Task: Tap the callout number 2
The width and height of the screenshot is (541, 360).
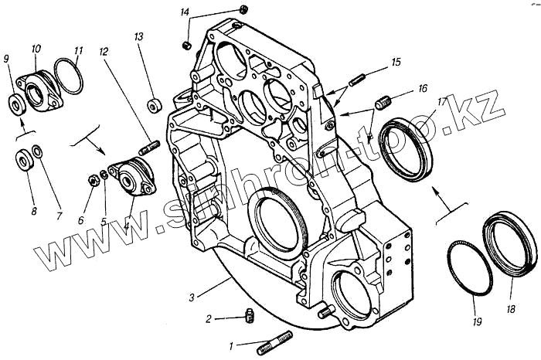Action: (209, 318)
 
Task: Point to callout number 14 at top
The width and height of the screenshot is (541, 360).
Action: (185, 12)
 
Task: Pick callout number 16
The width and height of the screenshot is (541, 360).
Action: (423, 89)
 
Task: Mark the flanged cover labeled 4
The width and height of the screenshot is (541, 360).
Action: (130, 175)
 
